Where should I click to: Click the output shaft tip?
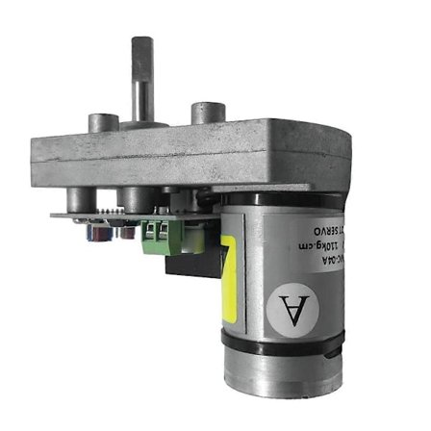point(141,43)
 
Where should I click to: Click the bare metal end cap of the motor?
point(283,374)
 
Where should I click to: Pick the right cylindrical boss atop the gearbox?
point(209,114)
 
